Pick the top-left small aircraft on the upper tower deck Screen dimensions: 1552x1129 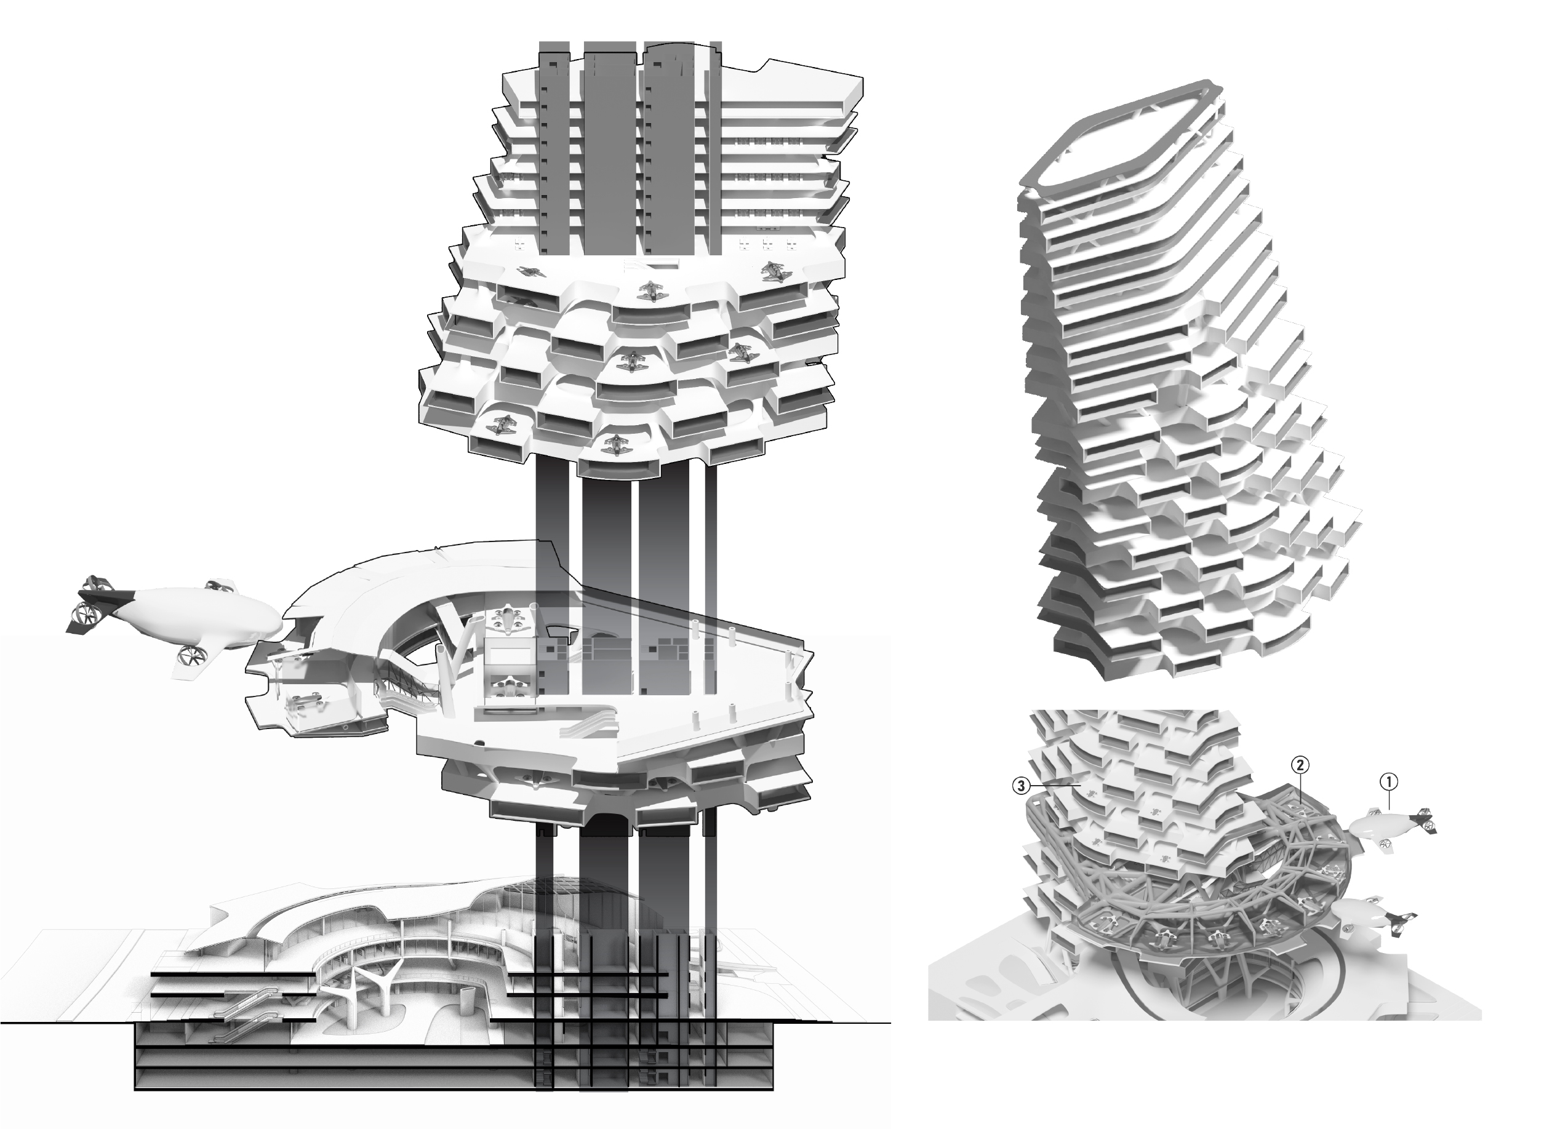point(531,272)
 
